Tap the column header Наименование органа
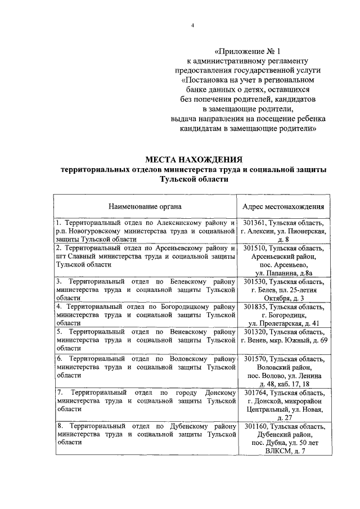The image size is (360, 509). coord(145,206)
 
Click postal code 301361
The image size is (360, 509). coord(255,223)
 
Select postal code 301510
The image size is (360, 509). coord(255,247)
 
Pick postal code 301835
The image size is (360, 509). coord(255,307)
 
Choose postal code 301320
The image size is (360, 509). coord(255,332)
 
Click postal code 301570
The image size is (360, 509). coord(255,359)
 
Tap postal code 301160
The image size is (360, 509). coord(255,426)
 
